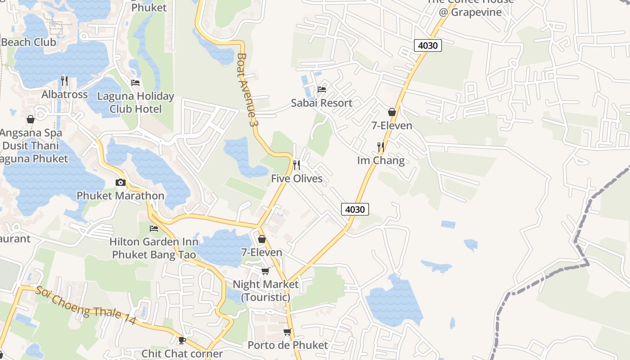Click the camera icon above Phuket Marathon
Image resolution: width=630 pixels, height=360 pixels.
point(120,182)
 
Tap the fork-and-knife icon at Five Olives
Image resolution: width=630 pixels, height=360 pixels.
point(297,165)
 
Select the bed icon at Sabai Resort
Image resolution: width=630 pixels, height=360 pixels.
point(322,89)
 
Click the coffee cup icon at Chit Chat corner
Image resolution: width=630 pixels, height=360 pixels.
point(182,340)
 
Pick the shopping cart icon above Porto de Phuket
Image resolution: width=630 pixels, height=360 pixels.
point(287,332)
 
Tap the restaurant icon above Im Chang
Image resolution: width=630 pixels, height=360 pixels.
point(381,147)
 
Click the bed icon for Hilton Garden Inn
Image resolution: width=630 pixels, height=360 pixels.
point(154,229)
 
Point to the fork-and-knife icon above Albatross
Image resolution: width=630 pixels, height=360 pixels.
point(64,81)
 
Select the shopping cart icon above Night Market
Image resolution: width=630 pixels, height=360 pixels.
point(265,271)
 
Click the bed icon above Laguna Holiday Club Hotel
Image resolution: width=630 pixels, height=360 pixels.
point(135,83)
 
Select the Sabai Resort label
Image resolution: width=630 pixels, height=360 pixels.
point(321,103)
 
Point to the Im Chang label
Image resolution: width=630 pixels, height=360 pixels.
point(381,161)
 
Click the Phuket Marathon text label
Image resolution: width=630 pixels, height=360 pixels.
point(120,196)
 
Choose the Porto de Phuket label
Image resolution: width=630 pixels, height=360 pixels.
point(288,345)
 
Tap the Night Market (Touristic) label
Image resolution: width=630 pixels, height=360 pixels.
point(265,291)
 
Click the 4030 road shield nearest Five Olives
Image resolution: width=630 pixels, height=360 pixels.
point(355,209)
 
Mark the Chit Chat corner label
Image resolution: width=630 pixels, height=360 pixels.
point(182,354)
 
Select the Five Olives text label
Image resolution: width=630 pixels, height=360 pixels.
point(297,179)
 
